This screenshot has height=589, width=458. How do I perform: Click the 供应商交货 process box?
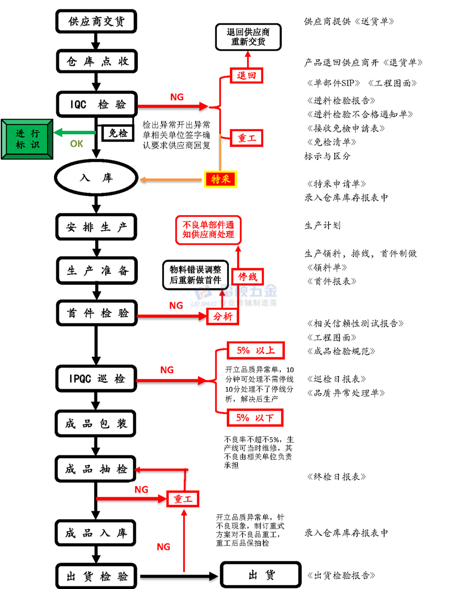96,22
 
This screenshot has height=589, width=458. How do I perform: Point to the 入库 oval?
96,178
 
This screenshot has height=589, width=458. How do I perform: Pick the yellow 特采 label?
220,179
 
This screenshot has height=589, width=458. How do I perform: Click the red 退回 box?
247,76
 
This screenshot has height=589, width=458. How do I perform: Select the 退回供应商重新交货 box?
248,37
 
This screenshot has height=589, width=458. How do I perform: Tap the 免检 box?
118,133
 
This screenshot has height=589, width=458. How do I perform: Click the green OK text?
77,144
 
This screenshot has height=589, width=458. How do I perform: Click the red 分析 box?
222,317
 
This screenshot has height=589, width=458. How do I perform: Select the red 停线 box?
248,276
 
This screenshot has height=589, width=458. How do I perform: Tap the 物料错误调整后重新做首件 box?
195,274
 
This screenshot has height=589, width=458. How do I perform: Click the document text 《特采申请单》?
336,184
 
